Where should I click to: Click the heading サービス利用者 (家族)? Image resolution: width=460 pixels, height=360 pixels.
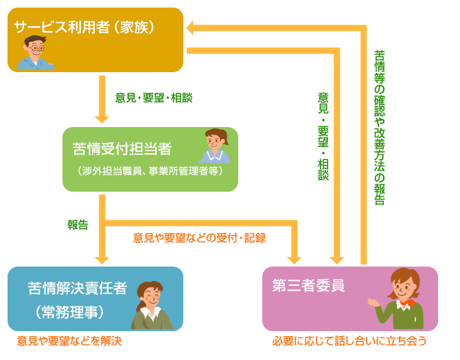84,27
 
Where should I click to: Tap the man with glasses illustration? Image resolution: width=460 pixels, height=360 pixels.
36,53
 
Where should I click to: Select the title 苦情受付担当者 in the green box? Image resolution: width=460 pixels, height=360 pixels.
122,149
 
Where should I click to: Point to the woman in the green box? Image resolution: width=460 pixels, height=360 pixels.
214,146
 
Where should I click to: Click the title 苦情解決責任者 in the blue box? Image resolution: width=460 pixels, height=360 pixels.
78,288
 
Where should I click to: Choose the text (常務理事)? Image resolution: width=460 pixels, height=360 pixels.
69,312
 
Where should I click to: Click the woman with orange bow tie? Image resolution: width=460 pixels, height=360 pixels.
404,299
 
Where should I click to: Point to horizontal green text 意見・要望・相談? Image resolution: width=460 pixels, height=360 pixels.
154,98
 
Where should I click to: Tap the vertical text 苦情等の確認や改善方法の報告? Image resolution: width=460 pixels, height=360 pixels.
379,127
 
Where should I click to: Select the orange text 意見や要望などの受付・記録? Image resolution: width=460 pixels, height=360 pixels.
199,238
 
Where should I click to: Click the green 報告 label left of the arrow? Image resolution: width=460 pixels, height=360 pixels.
77,225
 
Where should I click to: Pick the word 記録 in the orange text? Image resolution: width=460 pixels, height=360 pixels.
254,238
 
